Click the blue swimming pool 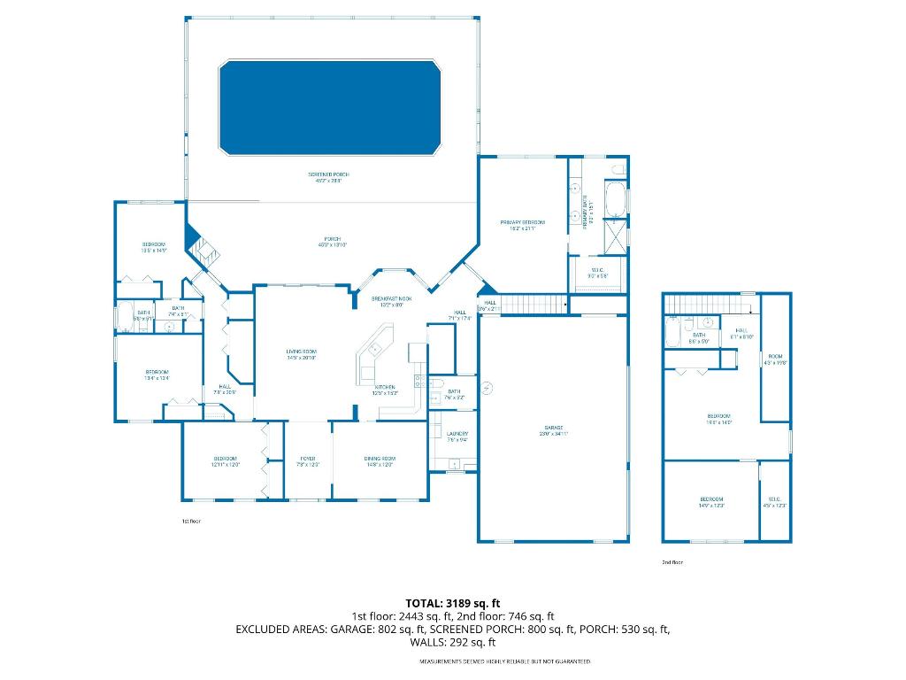[329, 107]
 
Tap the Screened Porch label [324, 178]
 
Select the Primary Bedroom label [522, 225]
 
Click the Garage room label [553, 432]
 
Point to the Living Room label [301, 354]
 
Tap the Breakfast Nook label [391, 302]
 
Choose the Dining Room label [378, 460]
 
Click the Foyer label [307, 460]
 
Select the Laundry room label [457, 436]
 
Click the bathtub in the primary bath [615, 198]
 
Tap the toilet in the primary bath [618, 168]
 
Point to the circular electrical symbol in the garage [486, 387]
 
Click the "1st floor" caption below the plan [191, 522]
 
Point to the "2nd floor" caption [672, 562]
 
